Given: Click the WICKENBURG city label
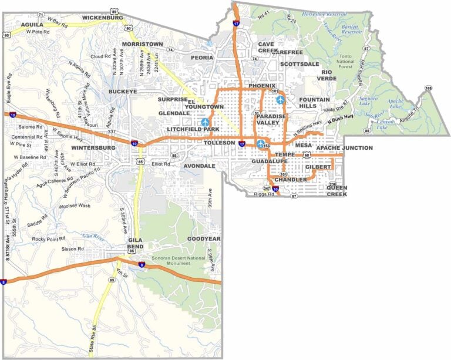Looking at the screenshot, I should click(103, 18).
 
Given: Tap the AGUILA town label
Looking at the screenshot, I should click(33, 25).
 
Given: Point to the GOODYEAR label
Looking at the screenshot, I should click(204, 239).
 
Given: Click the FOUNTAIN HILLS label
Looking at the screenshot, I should click(315, 103).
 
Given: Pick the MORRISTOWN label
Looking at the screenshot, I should click(143, 44).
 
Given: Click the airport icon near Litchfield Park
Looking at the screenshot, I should click(205, 122).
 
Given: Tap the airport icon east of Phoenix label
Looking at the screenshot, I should click(280, 100).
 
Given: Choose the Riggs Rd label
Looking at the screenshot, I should click(263, 194).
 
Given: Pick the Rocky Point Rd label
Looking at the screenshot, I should click(49, 239).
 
